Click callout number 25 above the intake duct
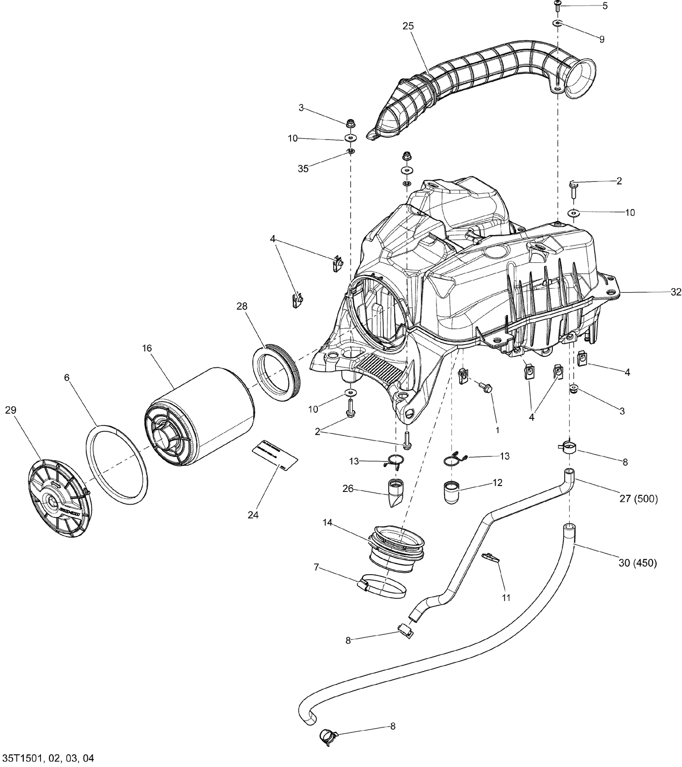click(x=408, y=26)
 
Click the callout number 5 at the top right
click(x=605, y=6)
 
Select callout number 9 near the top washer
click(x=602, y=40)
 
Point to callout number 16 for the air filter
click(x=146, y=348)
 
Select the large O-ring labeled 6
click(x=117, y=461)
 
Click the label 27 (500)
click(x=638, y=499)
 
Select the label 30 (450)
click(x=637, y=563)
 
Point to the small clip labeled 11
click(x=492, y=557)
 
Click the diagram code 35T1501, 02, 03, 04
click(x=49, y=758)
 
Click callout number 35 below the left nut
click(x=303, y=169)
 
